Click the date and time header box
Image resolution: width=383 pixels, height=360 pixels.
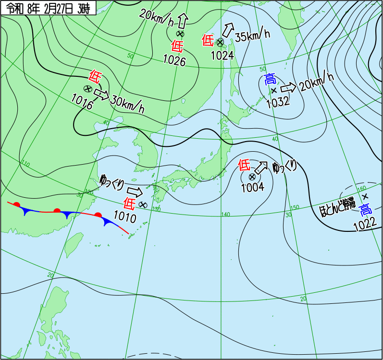[49, 8]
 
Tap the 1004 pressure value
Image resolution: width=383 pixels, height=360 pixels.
[252, 187]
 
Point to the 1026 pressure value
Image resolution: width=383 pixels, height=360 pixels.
[174, 60]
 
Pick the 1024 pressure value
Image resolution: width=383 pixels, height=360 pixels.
[222, 55]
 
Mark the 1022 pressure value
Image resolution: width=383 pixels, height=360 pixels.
[364, 225]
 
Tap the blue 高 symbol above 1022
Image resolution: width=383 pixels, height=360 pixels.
[366, 210]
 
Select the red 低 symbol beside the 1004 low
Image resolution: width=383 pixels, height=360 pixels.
[245, 166]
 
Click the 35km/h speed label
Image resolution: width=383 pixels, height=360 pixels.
[252, 35]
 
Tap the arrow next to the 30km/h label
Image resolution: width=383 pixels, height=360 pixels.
[101, 93]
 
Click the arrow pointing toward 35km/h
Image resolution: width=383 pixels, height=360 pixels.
[229, 30]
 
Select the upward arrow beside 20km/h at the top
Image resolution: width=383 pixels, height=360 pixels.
[182, 21]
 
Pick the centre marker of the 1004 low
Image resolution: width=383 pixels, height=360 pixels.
[252, 177]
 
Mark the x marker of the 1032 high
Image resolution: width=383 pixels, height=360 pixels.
[273, 90]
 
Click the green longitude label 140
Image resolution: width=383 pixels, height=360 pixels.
[225, 214]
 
